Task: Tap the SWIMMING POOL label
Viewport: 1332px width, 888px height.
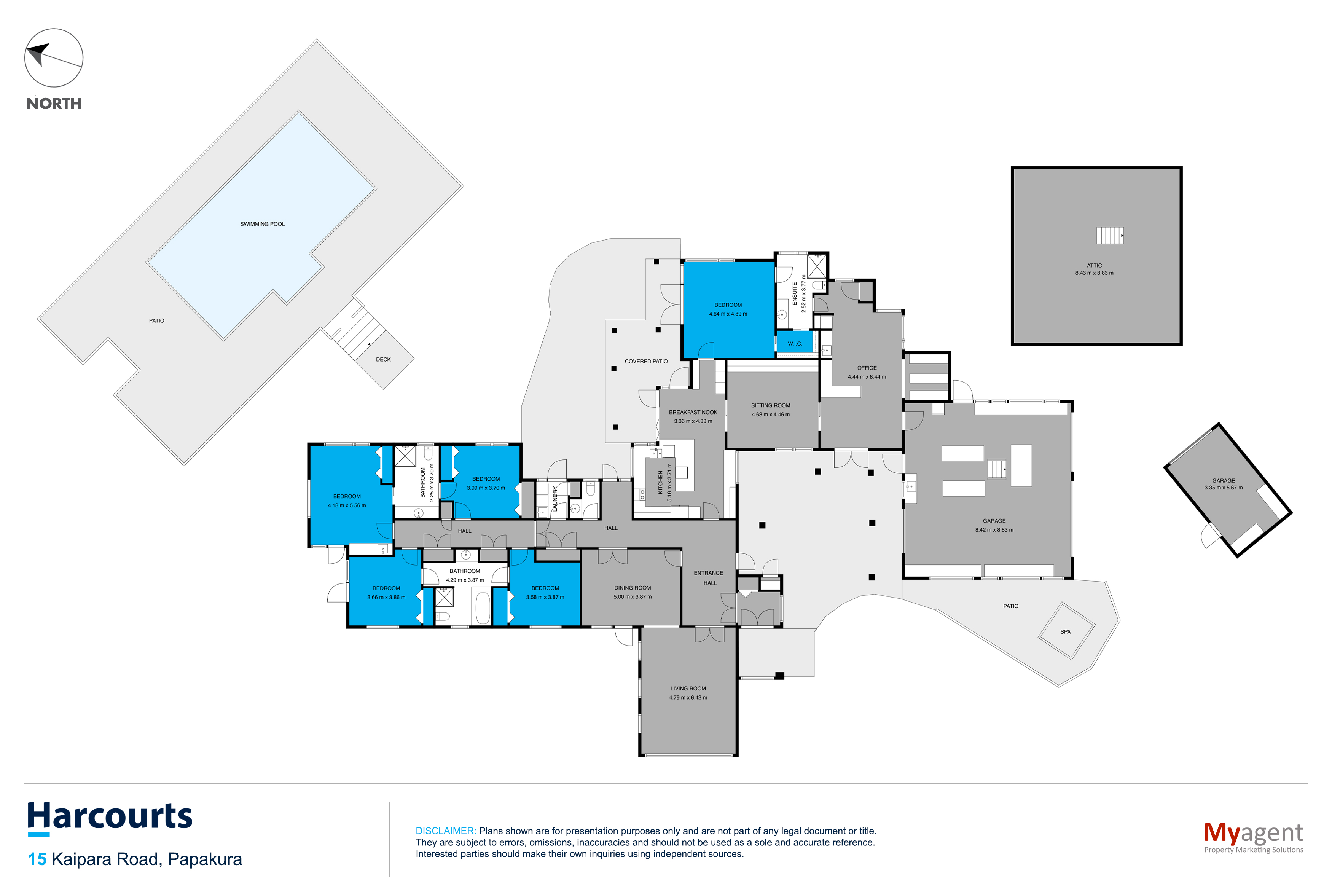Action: click(x=262, y=224)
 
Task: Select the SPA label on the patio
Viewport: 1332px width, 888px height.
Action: click(x=1065, y=632)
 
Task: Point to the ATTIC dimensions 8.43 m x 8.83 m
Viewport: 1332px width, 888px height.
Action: click(x=1094, y=273)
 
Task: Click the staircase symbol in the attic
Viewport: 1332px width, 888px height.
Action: click(x=1109, y=235)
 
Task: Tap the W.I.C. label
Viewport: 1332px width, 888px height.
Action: click(x=794, y=344)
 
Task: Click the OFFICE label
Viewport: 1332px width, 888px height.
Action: click(x=866, y=368)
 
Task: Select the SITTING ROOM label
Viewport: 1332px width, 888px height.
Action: click(x=770, y=405)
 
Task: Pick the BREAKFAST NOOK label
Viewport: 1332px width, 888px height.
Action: click(x=692, y=412)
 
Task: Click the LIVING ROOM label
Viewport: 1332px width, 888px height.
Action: click(x=688, y=689)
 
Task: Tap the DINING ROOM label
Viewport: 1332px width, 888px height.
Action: click(x=632, y=588)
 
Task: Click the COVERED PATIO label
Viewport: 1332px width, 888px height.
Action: click(x=646, y=361)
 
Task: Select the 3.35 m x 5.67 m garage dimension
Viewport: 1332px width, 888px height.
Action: click(x=1223, y=488)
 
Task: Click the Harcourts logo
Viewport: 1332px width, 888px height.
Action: click(x=110, y=817)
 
